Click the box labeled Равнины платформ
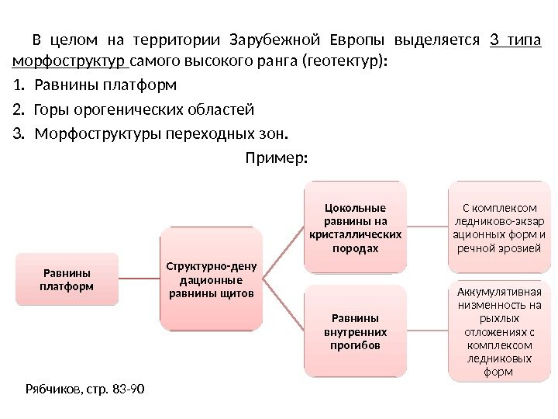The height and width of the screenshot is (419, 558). [x=65, y=280]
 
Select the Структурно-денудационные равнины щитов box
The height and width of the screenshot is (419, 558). [x=211, y=279]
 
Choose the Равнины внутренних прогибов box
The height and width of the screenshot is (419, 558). [x=354, y=331]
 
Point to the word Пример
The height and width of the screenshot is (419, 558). [x=276, y=158]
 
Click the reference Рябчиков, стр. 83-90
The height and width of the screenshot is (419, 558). [x=85, y=387]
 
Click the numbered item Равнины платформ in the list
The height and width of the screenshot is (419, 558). [x=105, y=84]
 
